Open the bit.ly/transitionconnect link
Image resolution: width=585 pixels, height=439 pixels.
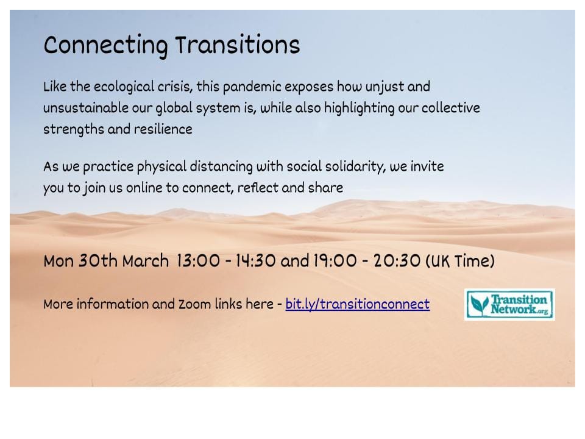[357, 304]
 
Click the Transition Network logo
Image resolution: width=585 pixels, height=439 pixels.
[509, 305]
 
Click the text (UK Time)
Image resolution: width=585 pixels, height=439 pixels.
[460, 262]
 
